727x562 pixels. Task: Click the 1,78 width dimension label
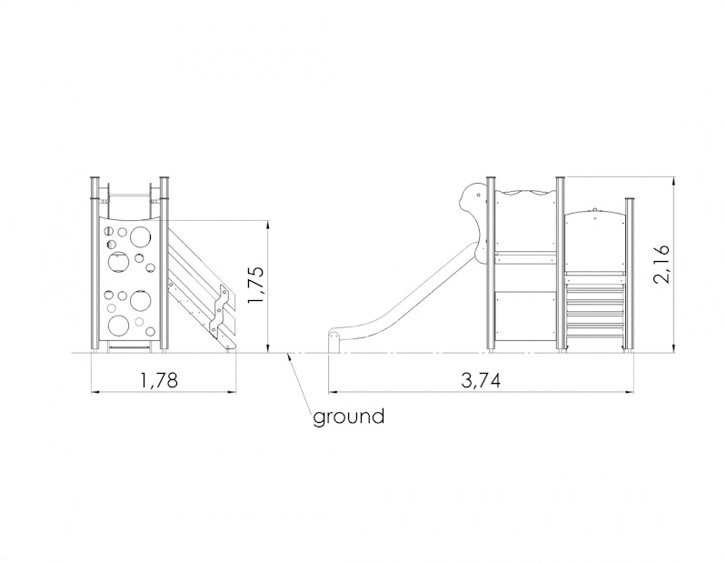coord(158,380)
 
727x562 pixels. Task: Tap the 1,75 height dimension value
coord(256,286)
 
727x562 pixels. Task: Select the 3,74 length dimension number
coord(481,380)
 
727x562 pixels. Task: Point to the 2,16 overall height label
coord(662,264)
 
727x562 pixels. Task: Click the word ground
coord(349,416)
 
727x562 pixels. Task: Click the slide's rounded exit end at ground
coord(334,342)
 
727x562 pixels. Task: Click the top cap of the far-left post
coord(95,178)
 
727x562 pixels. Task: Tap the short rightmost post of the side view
coord(630,274)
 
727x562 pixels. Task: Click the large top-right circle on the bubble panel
coord(141,236)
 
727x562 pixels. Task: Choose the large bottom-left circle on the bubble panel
coord(119,325)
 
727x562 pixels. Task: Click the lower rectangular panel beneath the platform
coord(525,320)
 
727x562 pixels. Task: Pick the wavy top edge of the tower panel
coord(525,193)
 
